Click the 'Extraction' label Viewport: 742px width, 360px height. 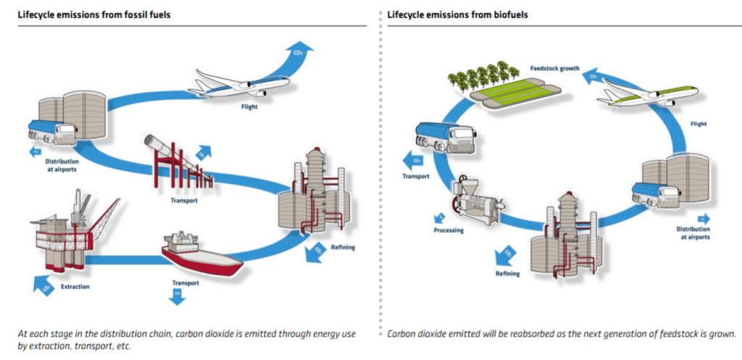click(x=75, y=287)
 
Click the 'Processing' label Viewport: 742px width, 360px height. click(x=449, y=230)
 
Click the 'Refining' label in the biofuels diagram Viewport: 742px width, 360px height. click(x=508, y=274)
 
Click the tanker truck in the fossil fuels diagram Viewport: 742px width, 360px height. click(x=53, y=131)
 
